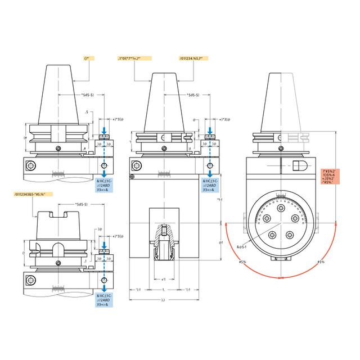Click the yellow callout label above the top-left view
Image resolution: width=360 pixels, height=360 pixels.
[87, 57]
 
